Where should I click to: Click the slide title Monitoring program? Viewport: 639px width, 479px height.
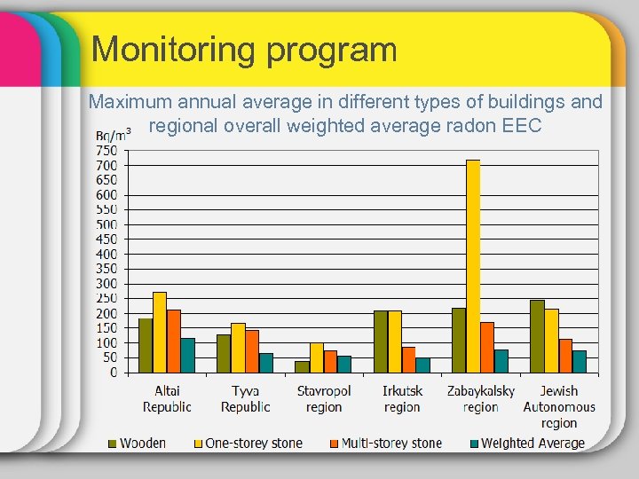244,49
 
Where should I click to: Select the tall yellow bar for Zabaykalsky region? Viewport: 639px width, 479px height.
473,266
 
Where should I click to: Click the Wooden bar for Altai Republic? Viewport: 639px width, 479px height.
146,345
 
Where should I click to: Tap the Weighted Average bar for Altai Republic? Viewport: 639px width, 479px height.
188,355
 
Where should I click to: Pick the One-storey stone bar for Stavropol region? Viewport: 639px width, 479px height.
317,357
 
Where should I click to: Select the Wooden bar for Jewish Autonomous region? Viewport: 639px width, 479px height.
537,336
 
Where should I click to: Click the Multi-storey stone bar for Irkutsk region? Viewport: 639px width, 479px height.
408,359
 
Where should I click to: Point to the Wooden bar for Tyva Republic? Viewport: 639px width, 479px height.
224,353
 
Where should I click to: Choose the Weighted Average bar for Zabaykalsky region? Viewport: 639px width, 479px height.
501,361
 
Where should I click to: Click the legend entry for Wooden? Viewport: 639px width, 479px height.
137,443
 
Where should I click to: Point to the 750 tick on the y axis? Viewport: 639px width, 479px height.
106,150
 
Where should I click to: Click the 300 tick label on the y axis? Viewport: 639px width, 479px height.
106,283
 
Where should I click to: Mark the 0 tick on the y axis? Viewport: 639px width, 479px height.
113,373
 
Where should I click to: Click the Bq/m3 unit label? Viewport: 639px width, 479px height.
113,135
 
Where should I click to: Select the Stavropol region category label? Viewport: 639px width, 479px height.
324,399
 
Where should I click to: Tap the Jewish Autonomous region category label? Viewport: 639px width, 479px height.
559,406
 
